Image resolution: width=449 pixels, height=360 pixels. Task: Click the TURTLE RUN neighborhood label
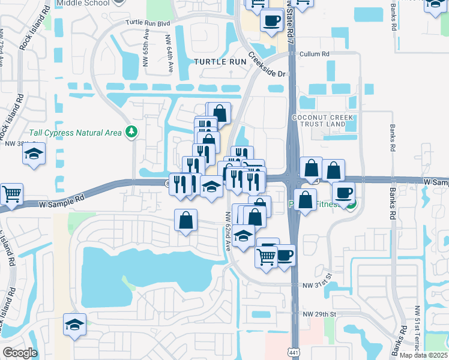(x=220, y=62)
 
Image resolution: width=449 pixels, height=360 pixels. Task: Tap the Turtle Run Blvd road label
(x=148, y=23)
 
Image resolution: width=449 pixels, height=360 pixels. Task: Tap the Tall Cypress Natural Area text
(x=76, y=133)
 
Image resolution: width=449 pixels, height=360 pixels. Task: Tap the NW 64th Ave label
(x=170, y=47)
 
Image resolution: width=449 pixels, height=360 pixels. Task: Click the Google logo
(x=20, y=353)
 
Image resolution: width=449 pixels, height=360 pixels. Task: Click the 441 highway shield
(x=294, y=349)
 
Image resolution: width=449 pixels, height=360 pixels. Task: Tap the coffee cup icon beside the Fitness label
(x=343, y=193)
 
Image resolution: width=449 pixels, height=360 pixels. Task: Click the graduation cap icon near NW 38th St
(x=34, y=154)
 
